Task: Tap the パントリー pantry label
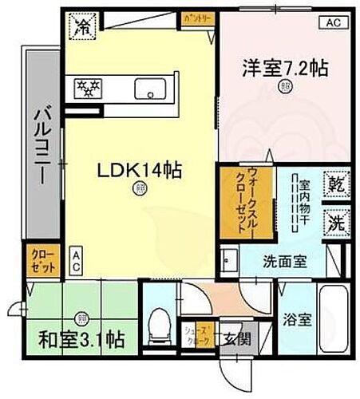click(x=195, y=17)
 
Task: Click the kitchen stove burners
click(x=89, y=86)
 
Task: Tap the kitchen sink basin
click(x=148, y=86)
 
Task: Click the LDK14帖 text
click(x=140, y=169)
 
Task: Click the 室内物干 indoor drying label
click(x=303, y=203)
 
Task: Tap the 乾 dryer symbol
click(x=335, y=185)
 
